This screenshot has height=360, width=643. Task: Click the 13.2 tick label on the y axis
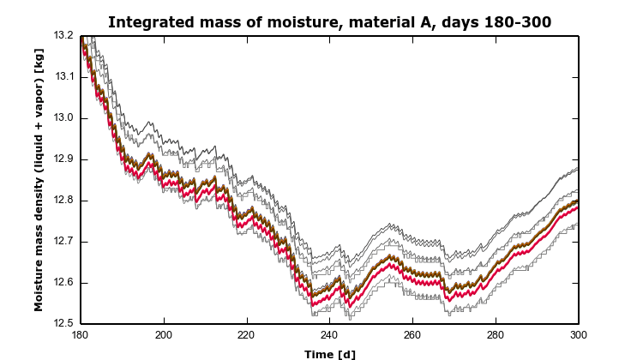[x=64, y=36]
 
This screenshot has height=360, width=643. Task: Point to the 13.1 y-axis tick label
[x=64, y=77]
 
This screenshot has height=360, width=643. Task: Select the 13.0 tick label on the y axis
[x=64, y=118]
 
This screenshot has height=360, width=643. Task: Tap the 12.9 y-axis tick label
[x=64, y=159]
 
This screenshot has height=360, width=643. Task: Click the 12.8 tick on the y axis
[x=64, y=201]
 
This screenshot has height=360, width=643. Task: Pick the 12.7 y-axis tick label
[x=64, y=242]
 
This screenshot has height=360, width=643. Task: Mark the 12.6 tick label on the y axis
[x=64, y=283]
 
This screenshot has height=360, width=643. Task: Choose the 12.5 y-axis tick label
[x=64, y=324]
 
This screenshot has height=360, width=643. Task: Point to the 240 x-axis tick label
[x=329, y=336]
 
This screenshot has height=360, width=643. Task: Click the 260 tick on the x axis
[x=412, y=336]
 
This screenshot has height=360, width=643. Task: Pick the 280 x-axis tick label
[x=496, y=336]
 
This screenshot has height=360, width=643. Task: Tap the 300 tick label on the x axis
[x=579, y=336]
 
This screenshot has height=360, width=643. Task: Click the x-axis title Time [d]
[x=329, y=353]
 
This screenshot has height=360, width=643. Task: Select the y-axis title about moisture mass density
[x=39, y=180]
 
